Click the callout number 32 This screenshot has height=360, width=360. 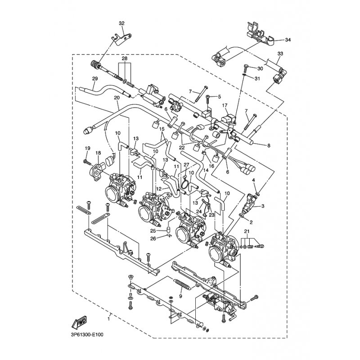(121, 23)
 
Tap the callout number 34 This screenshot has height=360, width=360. (288, 40)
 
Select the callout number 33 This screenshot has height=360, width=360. (280, 54)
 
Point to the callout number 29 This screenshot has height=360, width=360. (95, 78)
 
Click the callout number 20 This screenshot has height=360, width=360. (117, 98)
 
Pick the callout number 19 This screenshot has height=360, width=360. (87, 148)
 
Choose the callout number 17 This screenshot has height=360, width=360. (225, 105)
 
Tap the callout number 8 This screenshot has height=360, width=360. (269, 145)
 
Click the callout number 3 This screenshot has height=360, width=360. (263, 206)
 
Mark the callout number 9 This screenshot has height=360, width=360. (180, 297)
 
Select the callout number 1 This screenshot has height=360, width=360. (108, 319)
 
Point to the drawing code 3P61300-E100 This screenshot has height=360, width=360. (87, 335)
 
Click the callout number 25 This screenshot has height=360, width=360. (153, 231)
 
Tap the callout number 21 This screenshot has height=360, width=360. (247, 231)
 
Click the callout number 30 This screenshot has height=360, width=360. (260, 68)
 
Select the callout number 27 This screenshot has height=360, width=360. (186, 165)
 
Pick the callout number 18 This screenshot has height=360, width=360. (98, 153)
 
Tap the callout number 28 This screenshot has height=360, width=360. (125, 58)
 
